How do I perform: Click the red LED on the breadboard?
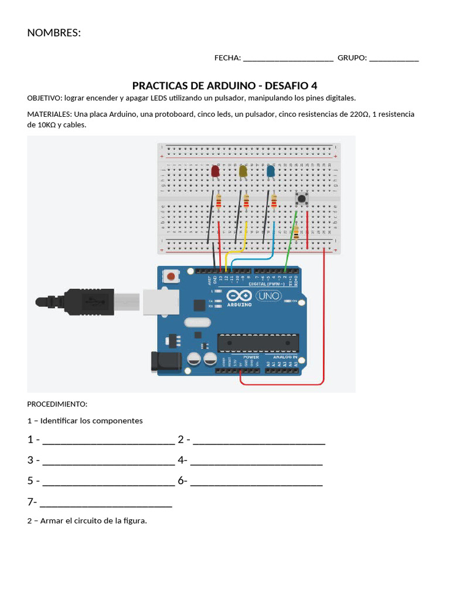pyautogui.click(x=215, y=171)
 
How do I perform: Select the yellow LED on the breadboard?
pyautogui.click(x=243, y=171)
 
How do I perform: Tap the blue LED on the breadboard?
pyautogui.click(x=271, y=171)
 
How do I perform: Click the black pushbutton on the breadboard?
pyautogui.click(x=302, y=199)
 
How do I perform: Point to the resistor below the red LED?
pyautogui.click(x=219, y=202)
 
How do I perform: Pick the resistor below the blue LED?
pyautogui.click(x=274, y=202)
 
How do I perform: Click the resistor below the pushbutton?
pyautogui.click(x=296, y=232)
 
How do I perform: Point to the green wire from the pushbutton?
pyautogui.click(x=290, y=241)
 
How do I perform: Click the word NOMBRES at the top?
pyautogui.click(x=54, y=33)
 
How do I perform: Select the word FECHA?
pyautogui.click(x=227, y=58)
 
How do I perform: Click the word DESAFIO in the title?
pyautogui.click(x=287, y=86)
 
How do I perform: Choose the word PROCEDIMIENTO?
pyautogui.click(x=57, y=404)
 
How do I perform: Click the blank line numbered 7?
pyautogui.click(x=106, y=502)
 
